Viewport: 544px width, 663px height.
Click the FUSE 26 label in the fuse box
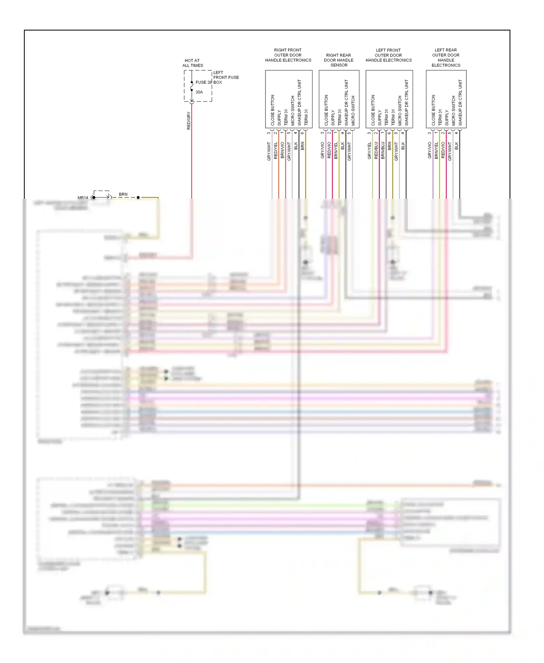click(x=203, y=82)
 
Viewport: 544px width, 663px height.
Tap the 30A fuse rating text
click(x=199, y=92)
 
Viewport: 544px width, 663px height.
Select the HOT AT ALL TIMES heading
click(x=192, y=63)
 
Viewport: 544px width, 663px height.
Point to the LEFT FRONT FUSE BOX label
click(x=226, y=77)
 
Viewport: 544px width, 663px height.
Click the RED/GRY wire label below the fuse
click(x=189, y=121)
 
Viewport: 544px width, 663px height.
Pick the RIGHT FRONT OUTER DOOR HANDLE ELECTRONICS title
click(x=288, y=55)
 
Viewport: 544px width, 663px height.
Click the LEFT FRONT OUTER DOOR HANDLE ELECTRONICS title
click(x=388, y=55)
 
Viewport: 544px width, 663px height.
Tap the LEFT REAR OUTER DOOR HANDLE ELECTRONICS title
click(x=446, y=58)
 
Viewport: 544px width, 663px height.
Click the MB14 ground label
click(x=83, y=198)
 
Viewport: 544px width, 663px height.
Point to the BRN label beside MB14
click(x=123, y=194)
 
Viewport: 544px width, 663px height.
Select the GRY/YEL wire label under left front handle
click(x=370, y=151)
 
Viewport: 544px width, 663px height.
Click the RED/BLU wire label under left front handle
click(x=376, y=150)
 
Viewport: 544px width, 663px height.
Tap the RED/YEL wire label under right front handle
click(x=276, y=150)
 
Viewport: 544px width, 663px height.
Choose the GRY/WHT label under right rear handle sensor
click(x=349, y=151)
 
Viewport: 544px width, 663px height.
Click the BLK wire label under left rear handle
click(x=457, y=146)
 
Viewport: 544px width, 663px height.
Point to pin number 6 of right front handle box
click(x=302, y=133)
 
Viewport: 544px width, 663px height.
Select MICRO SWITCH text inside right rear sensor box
click(x=353, y=111)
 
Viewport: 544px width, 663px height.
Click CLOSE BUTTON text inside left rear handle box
click(x=433, y=110)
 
